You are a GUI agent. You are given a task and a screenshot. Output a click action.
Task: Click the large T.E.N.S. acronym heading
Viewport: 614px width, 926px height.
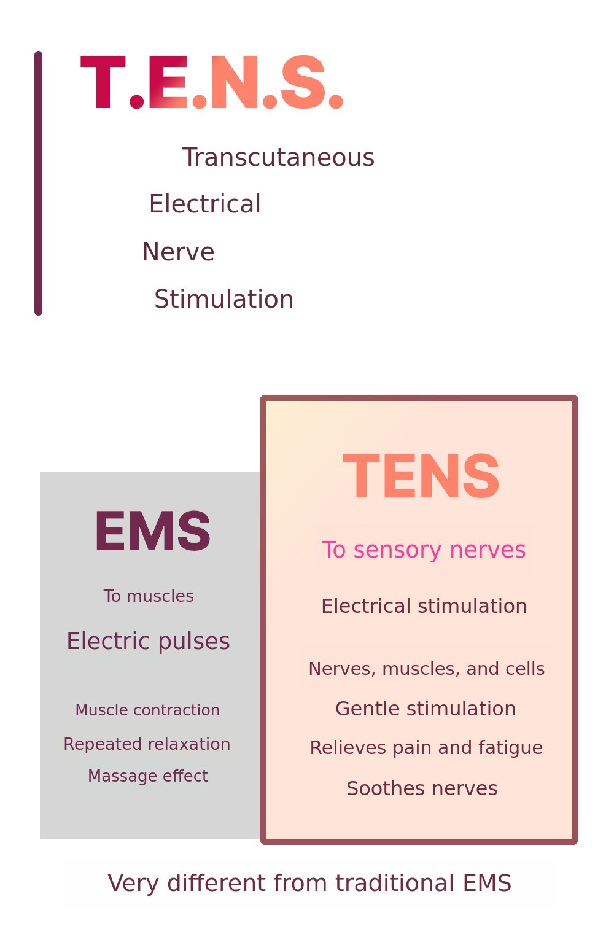click(212, 83)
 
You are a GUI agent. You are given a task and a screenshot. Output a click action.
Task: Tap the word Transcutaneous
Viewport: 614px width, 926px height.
click(278, 158)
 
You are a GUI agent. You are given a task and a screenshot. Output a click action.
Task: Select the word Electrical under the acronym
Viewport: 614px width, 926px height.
click(204, 204)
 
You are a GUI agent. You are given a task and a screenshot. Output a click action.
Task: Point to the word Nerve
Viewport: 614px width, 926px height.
click(178, 252)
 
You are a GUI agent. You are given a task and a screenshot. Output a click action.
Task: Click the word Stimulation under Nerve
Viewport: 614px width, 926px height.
click(223, 300)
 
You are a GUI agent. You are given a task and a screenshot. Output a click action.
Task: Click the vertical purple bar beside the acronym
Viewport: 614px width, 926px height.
click(38, 183)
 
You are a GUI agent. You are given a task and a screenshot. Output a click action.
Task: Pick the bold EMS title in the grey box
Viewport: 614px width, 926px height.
click(152, 531)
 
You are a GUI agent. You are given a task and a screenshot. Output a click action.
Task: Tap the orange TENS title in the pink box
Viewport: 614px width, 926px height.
click(421, 477)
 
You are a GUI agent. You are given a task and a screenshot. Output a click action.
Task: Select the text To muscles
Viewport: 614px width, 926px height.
click(149, 596)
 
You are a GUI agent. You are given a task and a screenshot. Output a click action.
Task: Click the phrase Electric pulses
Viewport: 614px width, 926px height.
click(148, 641)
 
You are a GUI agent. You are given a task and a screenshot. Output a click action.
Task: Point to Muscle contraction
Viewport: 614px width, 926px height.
click(147, 710)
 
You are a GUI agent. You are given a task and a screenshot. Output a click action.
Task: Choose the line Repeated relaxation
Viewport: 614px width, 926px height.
click(147, 744)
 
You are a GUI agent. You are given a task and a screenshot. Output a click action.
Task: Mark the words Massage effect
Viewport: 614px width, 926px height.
click(148, 776)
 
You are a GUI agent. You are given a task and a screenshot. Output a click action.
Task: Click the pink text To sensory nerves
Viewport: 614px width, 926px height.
click(424, 550)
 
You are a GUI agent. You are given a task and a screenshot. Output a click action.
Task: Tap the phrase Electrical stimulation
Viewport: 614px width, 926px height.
click(424, 607)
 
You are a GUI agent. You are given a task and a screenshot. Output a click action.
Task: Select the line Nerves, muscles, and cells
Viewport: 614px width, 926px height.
click(426, 669)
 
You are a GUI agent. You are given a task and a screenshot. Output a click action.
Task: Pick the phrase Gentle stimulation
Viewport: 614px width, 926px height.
click(426, 709)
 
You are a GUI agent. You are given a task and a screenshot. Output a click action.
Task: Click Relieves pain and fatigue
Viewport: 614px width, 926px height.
click(426, 748)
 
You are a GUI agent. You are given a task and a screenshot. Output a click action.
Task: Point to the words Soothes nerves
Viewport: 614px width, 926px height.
click(422, 788)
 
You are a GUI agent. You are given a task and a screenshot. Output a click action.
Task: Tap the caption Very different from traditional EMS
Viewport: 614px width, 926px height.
click(309, 884)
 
